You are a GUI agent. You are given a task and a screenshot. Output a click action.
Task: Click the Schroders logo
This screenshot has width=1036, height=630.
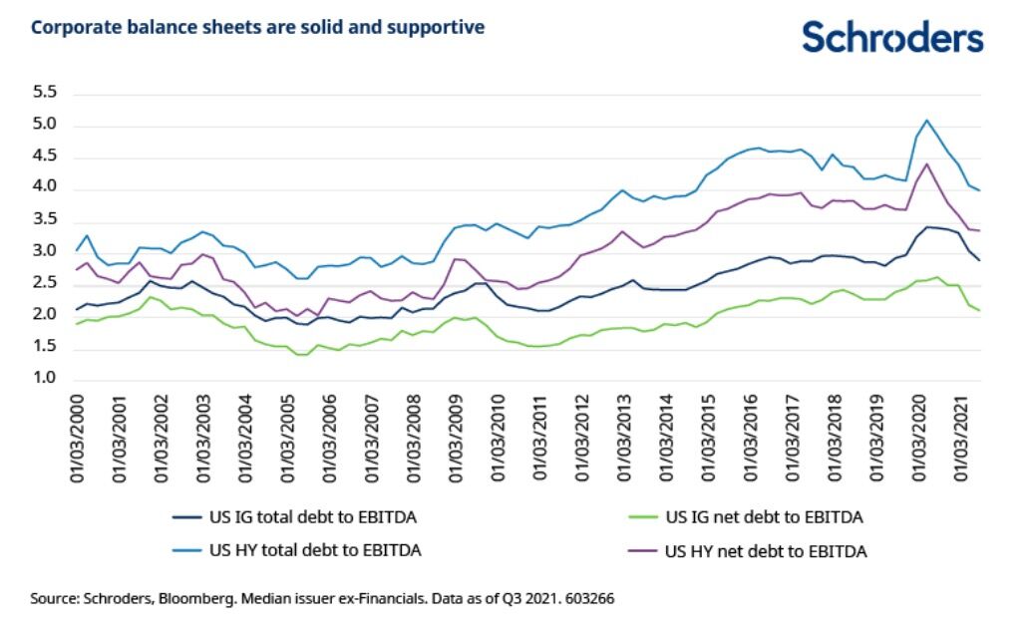pos(892,37)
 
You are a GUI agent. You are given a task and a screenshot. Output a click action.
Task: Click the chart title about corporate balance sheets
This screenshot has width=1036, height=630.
pos(258,27)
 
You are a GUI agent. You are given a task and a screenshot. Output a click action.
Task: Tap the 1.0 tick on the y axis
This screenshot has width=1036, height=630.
pos(47,379)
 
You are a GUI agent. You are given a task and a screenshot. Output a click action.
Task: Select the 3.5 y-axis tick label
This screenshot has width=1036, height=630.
pos(47,220)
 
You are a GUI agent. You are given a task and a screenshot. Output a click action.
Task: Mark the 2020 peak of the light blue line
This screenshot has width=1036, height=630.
pos(927,120)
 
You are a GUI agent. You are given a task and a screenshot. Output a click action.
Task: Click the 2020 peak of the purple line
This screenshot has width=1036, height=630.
pos(926,163)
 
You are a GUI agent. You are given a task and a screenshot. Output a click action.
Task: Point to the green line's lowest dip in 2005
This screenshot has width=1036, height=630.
pos(300,354)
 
